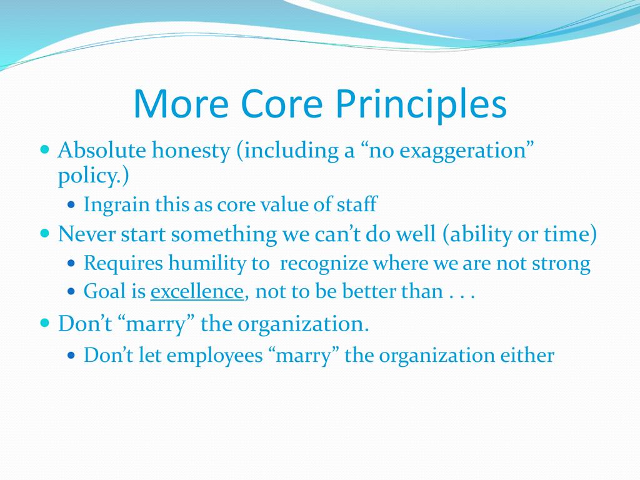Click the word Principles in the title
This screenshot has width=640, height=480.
(421, 104)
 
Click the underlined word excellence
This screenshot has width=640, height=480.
(197, 291)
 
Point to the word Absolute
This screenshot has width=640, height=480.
(102, 150)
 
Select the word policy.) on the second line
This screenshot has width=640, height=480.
(94, 176)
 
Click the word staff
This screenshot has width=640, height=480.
(357, 204)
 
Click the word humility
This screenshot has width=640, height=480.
(218, 263)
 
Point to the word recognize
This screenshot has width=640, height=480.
(324, 264)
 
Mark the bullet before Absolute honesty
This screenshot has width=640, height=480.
(45, 148)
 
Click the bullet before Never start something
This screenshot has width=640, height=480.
(45, 233)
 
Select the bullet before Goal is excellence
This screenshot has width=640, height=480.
(72, 291)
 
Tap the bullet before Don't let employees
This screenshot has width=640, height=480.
(72, 355)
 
